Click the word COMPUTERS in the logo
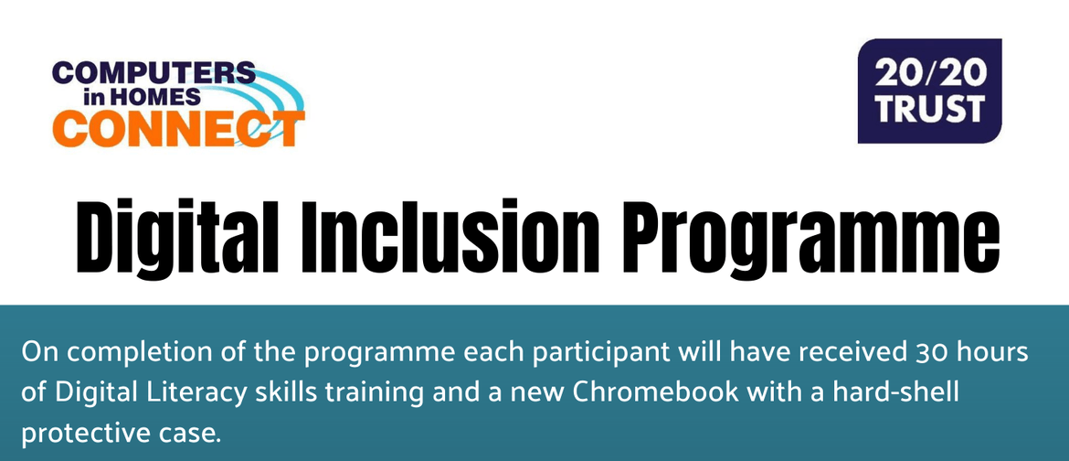153,74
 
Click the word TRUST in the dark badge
929,109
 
